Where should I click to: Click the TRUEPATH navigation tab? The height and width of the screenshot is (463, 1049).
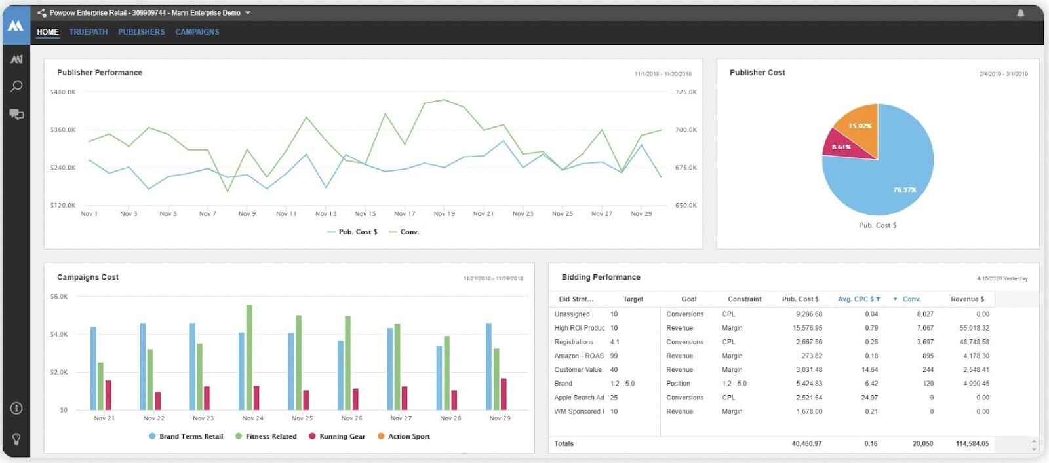click(89, 32)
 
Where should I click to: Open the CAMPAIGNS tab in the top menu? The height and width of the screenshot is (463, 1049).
click(197, 32)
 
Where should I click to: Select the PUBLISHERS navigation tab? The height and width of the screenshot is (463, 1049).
click(142, 32)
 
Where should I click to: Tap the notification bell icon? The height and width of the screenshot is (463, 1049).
click(1020, 13)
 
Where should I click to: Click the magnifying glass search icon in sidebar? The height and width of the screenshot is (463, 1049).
click(16, 86)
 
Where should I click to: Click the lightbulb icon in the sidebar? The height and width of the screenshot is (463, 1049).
click(16, 439)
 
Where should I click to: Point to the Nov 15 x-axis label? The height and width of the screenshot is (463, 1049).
click(365, 214)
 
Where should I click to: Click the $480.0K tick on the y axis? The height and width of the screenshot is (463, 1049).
click(63, 92)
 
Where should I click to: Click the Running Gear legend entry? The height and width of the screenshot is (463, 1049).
click(337, 436)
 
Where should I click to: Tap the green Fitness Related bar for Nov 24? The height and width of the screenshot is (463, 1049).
click(249, 357)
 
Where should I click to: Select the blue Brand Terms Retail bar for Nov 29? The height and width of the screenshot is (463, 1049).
click(488, 366)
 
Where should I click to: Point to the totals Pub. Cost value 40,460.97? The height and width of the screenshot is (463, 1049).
click(806, 444)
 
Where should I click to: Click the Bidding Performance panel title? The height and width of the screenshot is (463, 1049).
click(601, 278)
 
